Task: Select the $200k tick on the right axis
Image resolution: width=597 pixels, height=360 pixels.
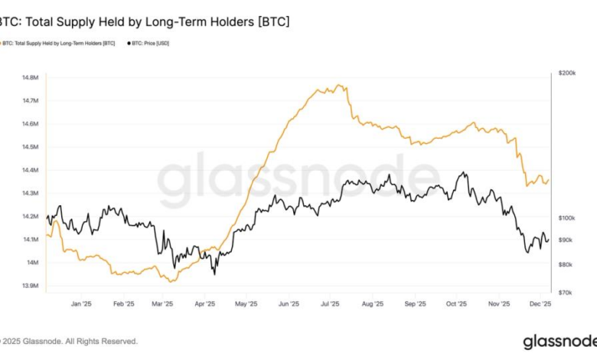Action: pyautogui.click(x=567, y=73)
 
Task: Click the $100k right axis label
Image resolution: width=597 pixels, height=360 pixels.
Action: pyautogui.click(x=567, y=218)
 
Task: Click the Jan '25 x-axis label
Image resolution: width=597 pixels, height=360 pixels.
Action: pyautogui.click(x=81, y=303)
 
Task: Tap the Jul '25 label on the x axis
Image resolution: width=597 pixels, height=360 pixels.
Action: pyautogui.click(x=330, y=303)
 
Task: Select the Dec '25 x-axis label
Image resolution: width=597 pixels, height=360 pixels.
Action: pyautogui.click(x=540, y=303)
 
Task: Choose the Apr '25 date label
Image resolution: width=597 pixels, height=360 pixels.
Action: pyautogui.click(x=205, y=303)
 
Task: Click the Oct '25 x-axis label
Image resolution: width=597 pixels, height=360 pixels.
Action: pyautogui.click(x=456, y=303)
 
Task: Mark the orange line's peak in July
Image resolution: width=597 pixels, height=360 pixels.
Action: pyautogui.click(x=338, y=85)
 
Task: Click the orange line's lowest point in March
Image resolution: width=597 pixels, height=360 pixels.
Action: pyautogui.click(x=170, y=281)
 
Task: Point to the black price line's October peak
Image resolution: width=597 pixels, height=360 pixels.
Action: pyautogui.click(x=462, y=172)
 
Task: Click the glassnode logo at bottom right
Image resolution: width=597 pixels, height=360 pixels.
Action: pyautogui.click(x=559, y=341)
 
